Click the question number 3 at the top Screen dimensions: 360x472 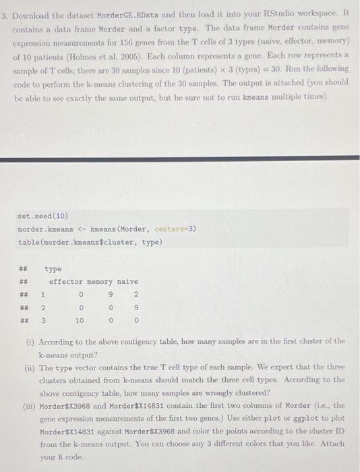5,13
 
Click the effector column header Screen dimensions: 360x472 65,281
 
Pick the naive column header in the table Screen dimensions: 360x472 127,281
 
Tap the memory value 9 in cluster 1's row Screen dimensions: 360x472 109,294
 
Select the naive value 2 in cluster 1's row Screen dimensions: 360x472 136,294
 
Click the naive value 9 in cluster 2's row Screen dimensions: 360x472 136,307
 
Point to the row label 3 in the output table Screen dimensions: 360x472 43,320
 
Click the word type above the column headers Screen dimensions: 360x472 54,268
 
